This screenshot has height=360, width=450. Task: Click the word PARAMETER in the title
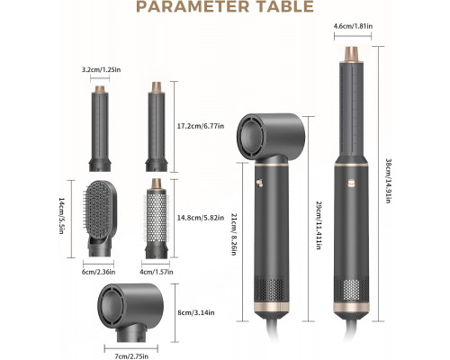coord(193,6)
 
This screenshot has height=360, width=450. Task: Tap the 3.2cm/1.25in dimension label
coord(102,69)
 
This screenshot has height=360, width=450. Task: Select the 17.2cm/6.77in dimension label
coord(201,126)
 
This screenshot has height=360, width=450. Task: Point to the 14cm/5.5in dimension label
coord(61,215)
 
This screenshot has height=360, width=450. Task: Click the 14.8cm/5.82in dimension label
coord(201,218)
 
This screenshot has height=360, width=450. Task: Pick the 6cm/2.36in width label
coord(99,272)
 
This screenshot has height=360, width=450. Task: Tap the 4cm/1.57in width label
coord(157,272)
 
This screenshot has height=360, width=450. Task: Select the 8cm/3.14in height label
coord(196,312)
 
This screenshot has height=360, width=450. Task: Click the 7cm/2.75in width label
coord(131,356)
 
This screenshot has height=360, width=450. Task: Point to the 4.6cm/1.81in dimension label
coord(353,26)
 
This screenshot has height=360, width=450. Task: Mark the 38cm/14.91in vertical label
coord(389,181)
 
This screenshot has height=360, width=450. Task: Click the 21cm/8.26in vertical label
coord(234,234)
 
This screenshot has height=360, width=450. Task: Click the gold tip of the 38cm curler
coord(353,54)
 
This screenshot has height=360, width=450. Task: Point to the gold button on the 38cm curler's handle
coord(351,183)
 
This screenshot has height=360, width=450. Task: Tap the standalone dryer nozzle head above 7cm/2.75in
coord(130,303)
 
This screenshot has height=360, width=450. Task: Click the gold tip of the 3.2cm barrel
coord(100,89)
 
